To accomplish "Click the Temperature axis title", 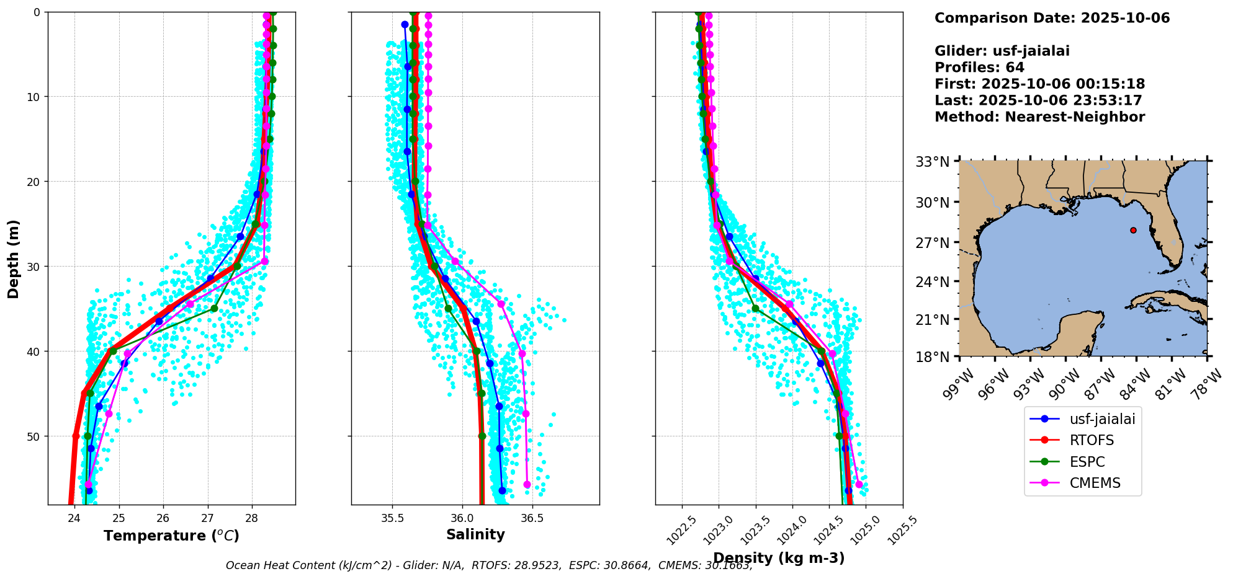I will pos(171,536).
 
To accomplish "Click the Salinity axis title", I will pos(475,534).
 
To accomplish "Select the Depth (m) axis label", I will pos(13,259).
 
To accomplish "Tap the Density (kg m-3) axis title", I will pos(779,558).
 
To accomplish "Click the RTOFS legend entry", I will pos(1091,440).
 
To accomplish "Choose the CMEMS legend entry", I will pos(1095,483).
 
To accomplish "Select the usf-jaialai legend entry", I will pos(1101,419).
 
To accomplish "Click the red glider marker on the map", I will pos(1133,230).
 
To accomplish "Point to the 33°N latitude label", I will pos(933,162).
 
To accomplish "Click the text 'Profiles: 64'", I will pos(979,68).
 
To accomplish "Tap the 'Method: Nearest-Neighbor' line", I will pos(1039,117).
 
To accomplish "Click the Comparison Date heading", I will pos(1052,18).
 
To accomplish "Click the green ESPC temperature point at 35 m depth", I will pos(214,308).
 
